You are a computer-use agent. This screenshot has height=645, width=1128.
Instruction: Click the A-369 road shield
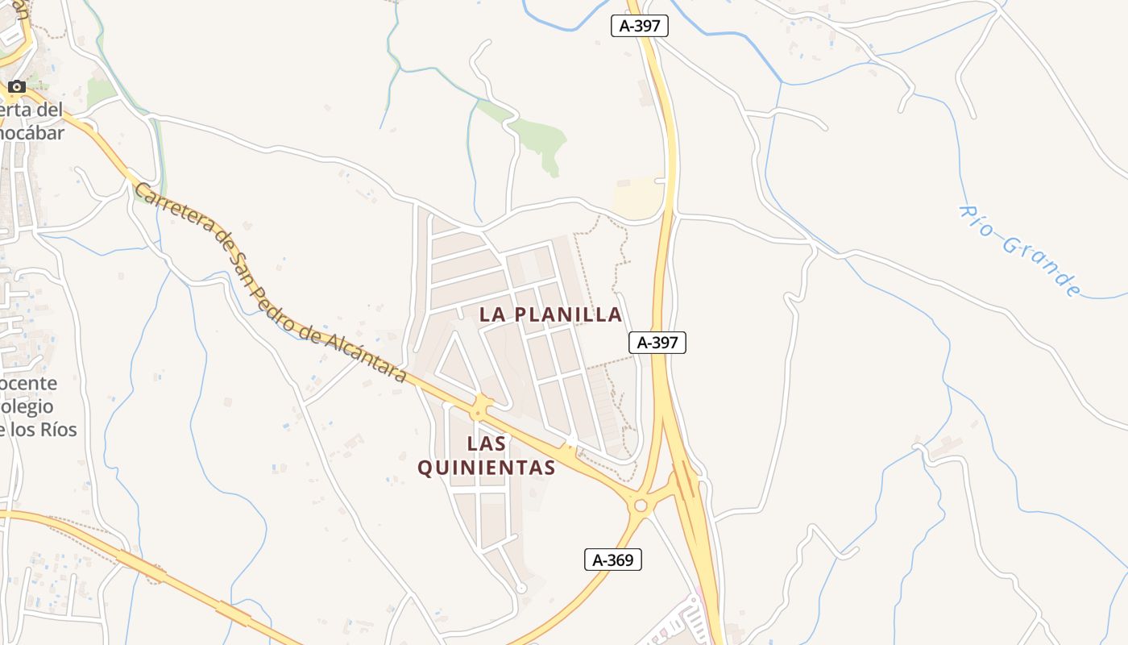(x=612, y=560)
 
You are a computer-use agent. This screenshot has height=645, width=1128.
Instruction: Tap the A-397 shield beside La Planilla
(x=657, y=343)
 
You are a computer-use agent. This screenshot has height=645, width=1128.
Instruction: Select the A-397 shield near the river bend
(x=640, y=26)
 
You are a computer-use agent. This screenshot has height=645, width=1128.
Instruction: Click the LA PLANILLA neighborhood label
(x=550, y=314)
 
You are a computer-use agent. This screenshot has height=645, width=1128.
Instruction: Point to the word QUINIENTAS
(x=487, y=468)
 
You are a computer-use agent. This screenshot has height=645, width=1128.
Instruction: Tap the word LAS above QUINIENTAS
(x=487, y=443)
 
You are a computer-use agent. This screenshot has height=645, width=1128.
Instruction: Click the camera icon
(x=17, y=86)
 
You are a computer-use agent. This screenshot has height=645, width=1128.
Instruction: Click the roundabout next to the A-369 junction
(x=641, y=506)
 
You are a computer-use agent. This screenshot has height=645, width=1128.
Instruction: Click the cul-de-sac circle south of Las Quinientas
(x=521, y=588)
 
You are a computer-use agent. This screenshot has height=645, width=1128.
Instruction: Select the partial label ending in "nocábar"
(x=32, y=133)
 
